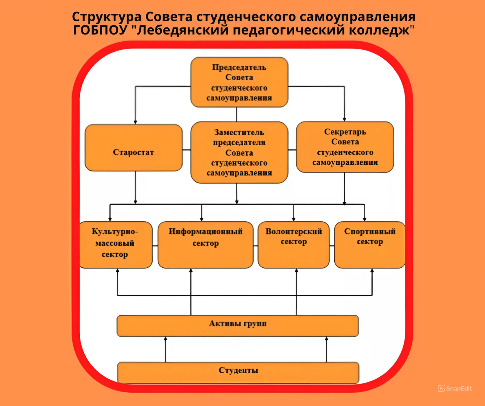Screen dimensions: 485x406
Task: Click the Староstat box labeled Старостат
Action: pos(134,148)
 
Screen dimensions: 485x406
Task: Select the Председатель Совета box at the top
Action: pos(239,82)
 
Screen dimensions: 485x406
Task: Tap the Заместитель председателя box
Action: pos(239,152)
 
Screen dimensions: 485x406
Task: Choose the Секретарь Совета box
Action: pos(345,147)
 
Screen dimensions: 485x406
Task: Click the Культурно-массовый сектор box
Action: pos(116,245)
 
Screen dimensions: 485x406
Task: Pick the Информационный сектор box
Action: pos(206,245)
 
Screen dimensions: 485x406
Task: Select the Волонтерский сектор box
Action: pos(293,245)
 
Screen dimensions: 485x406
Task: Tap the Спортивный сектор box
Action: pos(370,245)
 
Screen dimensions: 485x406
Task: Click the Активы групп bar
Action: pos(238,326)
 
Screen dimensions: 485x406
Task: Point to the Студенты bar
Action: pos(238,372)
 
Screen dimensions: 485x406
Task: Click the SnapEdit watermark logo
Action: pos(455,388)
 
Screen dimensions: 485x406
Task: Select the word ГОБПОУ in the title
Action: pos(100,30)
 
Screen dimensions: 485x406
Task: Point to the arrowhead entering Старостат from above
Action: pos(135,122)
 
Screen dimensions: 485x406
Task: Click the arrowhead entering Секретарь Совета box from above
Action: pos(344,120)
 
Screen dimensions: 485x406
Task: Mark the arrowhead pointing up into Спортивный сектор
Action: pos(372,270)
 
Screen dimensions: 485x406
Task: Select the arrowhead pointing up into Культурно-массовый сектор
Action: pos(118,270)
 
